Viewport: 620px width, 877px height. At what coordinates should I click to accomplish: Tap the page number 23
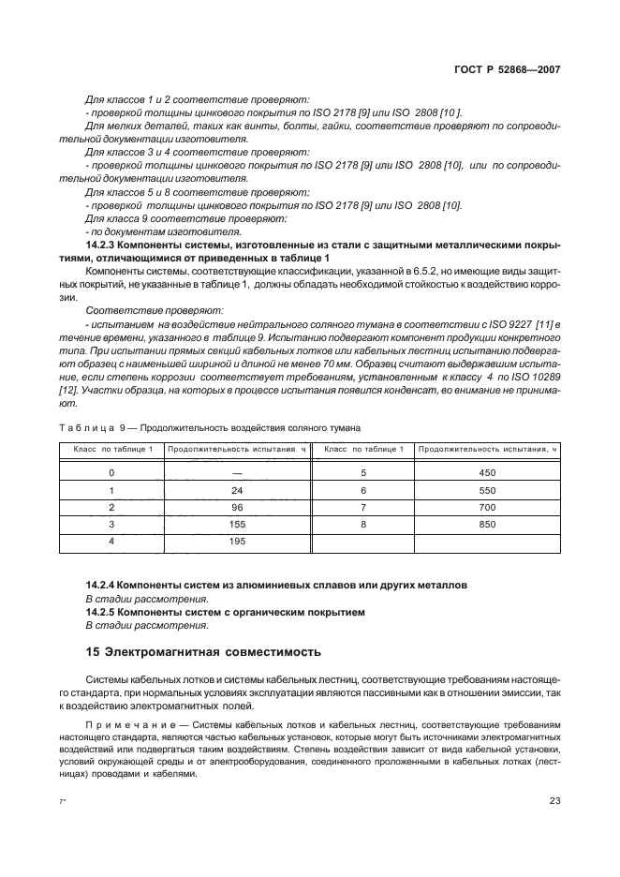(554, 800)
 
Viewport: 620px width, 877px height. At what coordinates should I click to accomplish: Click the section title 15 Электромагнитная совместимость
(203, 650)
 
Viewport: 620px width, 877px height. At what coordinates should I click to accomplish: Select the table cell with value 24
(237, 490)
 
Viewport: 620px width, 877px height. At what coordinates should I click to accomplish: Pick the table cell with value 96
(237, 507)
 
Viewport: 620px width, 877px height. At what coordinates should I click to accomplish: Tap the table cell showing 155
(237, 524)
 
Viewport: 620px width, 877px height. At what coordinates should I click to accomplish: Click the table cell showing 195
(237, 541)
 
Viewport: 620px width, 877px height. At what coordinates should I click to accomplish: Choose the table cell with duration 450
(487, 473)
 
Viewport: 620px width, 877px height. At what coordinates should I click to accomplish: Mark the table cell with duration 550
(487, 490)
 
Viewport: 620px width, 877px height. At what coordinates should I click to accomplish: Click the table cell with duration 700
(487, 507)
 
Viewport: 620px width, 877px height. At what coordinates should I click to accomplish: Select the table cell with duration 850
(487, 524)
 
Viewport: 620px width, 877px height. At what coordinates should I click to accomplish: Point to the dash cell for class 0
(237, 473)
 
